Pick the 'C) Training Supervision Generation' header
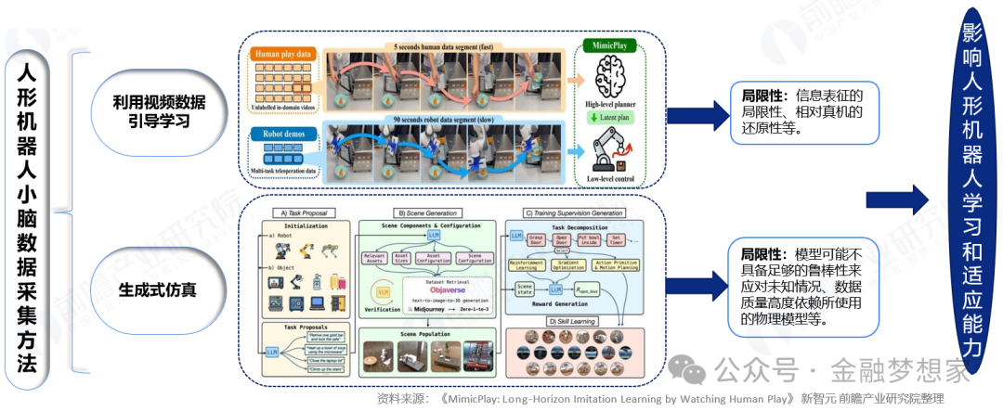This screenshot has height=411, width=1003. click(x=574, y=212)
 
